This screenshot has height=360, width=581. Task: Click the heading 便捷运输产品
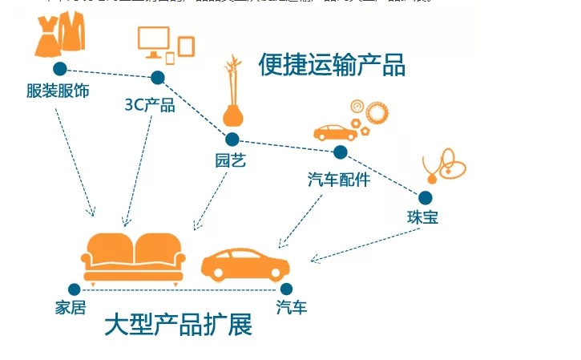(331, 65)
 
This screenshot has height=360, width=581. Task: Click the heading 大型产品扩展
(178, 325)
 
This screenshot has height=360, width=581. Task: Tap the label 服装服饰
(58, 91)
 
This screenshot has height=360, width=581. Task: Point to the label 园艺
(231, 160)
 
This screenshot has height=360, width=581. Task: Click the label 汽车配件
(339, 180)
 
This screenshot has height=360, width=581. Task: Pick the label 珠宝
(422, 217)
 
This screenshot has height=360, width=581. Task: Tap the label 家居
(71, 308)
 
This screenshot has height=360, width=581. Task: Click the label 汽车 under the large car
(292, 307)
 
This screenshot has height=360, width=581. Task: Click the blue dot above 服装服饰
(60, 69)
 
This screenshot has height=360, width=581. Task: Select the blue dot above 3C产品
(158, 78)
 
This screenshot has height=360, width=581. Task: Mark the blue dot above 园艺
(232, 140)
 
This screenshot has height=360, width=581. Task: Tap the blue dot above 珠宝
(425, 197)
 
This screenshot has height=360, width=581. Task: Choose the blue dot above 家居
(75, 289)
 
